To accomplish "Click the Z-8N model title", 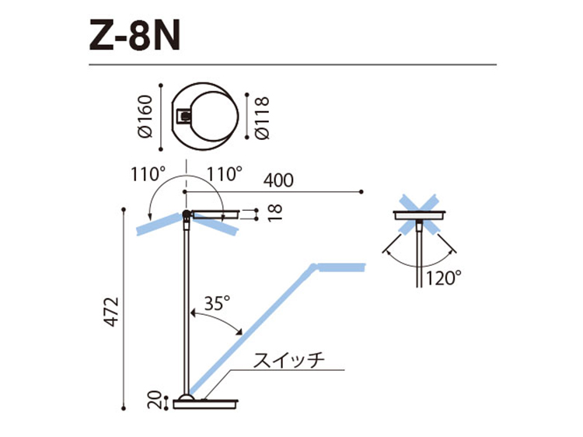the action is [134, 36].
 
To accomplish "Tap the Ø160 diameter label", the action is [145, 117].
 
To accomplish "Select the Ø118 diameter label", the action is [262, 118].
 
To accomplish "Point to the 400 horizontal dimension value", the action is [278, 180].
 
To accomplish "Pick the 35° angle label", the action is [218, 303].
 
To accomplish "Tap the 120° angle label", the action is [443, 278].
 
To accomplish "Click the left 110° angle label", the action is [148, 174].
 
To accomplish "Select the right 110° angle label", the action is [224, 174].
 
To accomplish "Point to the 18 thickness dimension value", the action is [274, 213].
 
